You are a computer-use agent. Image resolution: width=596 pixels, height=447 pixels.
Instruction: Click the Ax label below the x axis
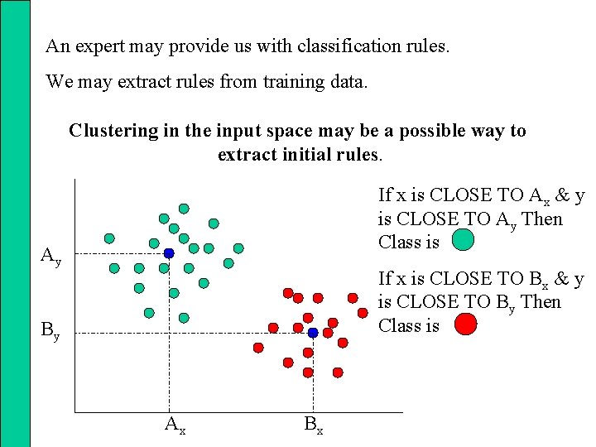[174, 425]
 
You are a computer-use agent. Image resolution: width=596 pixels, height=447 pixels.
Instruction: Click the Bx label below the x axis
[313, 425]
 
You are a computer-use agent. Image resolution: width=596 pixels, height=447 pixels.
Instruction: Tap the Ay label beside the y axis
[51, 257]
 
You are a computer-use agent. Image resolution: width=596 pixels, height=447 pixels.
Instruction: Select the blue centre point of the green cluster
[168, 253]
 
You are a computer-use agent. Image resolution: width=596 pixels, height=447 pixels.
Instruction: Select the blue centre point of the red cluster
[313, 333]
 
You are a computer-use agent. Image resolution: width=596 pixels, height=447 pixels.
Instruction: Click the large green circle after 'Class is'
[464, 240]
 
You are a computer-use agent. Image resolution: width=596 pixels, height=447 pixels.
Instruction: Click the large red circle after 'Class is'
[466, 324]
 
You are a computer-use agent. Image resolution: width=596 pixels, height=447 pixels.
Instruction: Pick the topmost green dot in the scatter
[184, 209]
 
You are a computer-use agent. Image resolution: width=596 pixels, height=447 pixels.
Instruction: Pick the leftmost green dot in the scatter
[109, 238]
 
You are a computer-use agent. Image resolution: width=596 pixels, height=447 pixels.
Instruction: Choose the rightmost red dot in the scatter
[363, 313]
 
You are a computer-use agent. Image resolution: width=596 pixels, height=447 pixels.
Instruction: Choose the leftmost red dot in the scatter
[258, 348]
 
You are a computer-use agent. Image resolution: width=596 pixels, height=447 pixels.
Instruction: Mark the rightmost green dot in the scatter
[238, 248]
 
